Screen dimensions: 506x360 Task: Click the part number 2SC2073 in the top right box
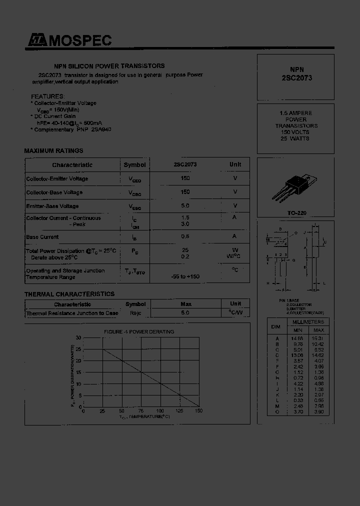(x=296, y=78)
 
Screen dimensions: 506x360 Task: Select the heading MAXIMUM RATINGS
(x=53, y=150)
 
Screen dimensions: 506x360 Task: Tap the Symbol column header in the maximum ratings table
(x=134, y=165)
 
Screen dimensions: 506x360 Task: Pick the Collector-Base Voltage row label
(x=54, y=192)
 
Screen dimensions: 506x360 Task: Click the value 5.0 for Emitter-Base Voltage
(x=185, y=205)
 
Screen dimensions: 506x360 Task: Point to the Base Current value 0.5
(x=185, y=236)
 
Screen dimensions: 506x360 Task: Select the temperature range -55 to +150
(x=185, y=276)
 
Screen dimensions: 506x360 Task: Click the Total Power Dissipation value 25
(x=185, y=249)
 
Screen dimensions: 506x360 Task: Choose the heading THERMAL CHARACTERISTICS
(x=69, y=294)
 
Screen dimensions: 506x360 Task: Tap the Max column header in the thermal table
(x=185, y=304)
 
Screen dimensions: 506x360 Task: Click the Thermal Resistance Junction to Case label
(x=72, y=313)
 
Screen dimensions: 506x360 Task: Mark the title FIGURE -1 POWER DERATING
(x=138, y=331)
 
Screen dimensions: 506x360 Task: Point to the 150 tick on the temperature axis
(x=198, y=411)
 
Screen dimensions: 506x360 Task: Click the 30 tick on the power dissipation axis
(x=78, y=338)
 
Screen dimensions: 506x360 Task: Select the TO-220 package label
(x=296, y=213)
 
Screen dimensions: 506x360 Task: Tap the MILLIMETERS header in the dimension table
(x=308, y=322)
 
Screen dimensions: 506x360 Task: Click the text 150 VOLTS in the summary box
(x=295, y=132)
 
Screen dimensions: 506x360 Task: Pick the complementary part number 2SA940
(x=101, y=129)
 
